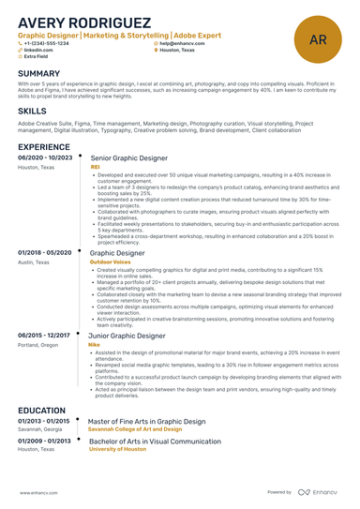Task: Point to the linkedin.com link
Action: [38, 50]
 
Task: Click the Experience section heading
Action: [44, 147]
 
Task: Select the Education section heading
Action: [43, 412]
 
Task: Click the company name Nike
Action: [94, 345]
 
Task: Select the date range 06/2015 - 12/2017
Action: [44, 336]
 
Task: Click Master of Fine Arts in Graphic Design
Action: [146, 423]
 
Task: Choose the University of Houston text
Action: [118, 449]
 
